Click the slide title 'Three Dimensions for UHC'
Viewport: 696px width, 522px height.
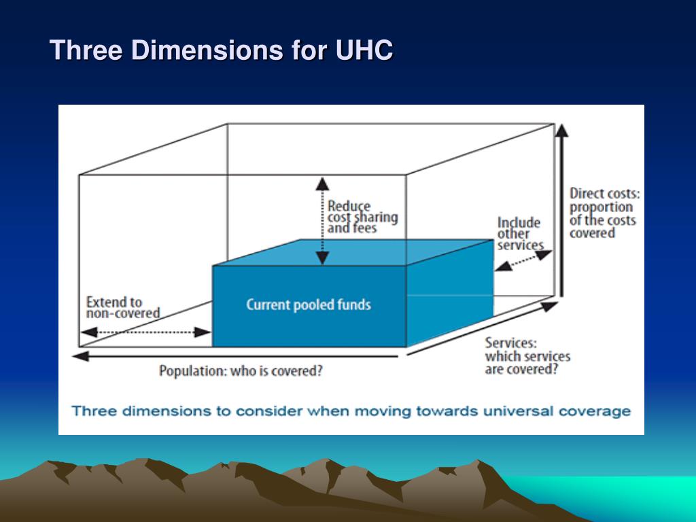pyautogui.click(x=222, y=51)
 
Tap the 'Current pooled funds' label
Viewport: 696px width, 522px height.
pyautogui.click(x=309, y=304)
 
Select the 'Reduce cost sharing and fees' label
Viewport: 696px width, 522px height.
pyautogui.click(x=362, y=217)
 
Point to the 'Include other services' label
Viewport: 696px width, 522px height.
pyautogui.click(x=520, y=234)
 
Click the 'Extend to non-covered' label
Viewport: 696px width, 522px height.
pyautogui.click(x=122, y=307)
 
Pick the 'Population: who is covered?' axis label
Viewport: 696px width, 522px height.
pyautogui.click(x=241, y=371)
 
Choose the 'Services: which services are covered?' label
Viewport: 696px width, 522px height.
pyautogui.click(x=527, y=356)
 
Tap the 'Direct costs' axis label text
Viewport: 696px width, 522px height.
pyautogui.click(x=604, y=213)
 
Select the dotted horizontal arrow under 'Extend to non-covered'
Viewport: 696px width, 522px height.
pyautogui.click(x=146, y=332)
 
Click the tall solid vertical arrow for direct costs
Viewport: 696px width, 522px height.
pyautogui.click(x=562, y=211)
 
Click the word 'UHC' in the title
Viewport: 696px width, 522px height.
pyautogui.click(x=364, y=51)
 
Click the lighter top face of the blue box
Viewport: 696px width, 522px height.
pyautogui.click(x=353, y=252)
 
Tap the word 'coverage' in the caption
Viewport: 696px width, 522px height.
pyautogui.click(x=599, y=411)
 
